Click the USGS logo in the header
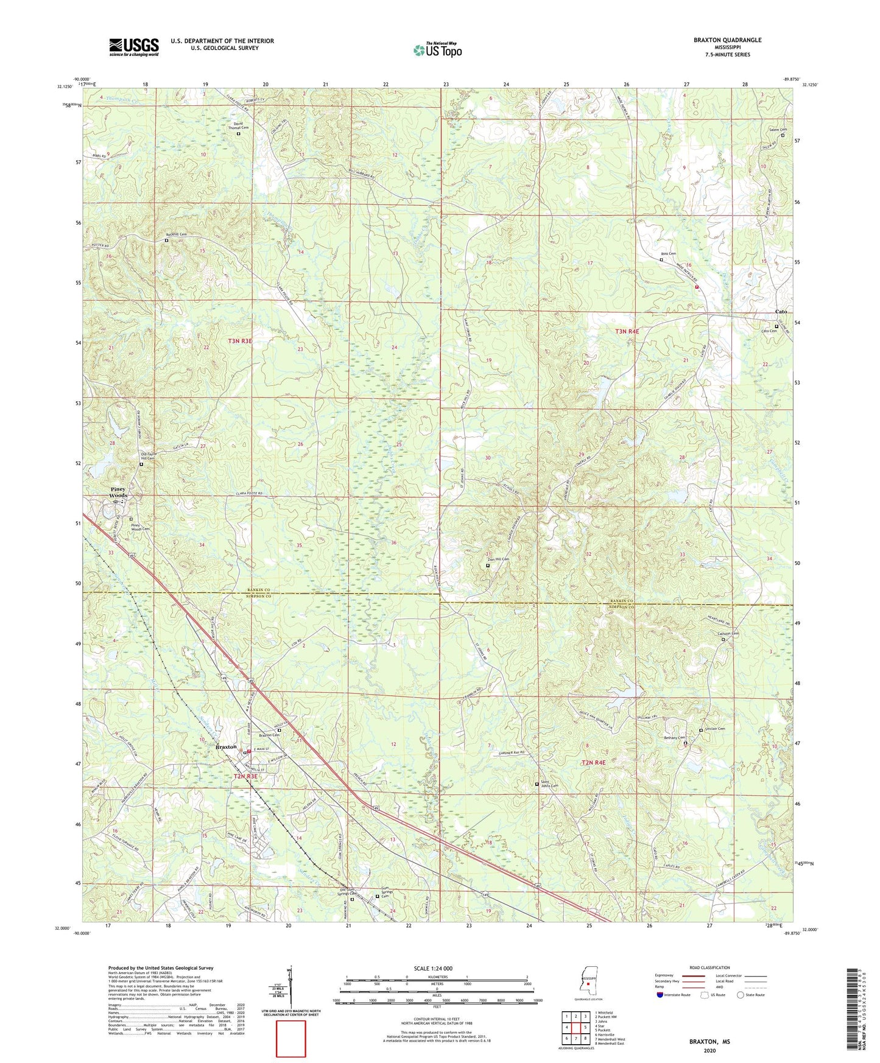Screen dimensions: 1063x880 pyautogui.click(x=134, y=46)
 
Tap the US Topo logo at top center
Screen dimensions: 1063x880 pyautogui.click(x=437, y=50)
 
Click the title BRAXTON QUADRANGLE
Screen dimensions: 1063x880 pyautogui.click(x=727, y=40)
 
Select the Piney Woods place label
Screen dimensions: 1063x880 pyautogui.click(x=118, y=492)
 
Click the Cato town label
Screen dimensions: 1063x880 pyautogui.click(x=780, y=312)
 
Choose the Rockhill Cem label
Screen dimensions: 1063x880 pyautogui.click(x=176, y=234)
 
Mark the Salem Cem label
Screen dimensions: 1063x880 pyautogui.click(x=778, y=130)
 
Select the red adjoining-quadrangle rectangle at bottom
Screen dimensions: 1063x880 pyautogui.click(x=291, y=1039)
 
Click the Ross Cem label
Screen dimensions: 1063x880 pyautogui.click(x=669, y=254)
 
